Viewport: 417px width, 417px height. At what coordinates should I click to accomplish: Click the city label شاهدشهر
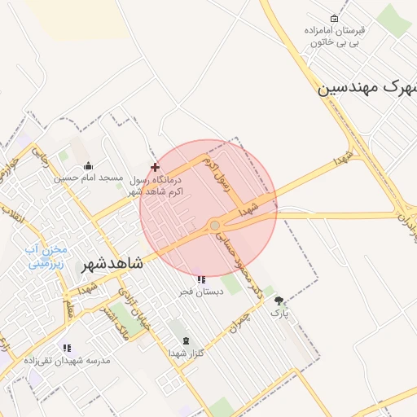pos(113,264)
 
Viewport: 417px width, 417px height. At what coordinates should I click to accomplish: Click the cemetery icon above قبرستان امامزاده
pos(334,19)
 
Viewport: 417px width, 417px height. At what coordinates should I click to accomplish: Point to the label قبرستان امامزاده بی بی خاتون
pos(335,36)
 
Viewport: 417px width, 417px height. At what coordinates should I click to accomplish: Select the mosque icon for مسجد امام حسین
pos(88,166)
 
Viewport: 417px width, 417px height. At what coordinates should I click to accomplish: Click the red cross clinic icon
pos(156,166)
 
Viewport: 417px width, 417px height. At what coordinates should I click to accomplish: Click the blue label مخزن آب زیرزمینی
pos(47,257)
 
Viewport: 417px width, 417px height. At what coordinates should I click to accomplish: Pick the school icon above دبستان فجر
pos(200,280)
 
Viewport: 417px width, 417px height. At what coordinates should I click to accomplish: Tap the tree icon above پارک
pos(280,300)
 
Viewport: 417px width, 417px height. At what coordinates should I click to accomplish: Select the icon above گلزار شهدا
pos(186,340)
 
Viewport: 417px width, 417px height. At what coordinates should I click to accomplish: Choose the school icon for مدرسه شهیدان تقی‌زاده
pos(67,348)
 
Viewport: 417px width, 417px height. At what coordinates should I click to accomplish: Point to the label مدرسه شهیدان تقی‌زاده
pos(67,360)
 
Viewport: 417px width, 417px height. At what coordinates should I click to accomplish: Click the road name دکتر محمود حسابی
pos(242,264)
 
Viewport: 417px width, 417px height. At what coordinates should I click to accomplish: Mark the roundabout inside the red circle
pos(215,225)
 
